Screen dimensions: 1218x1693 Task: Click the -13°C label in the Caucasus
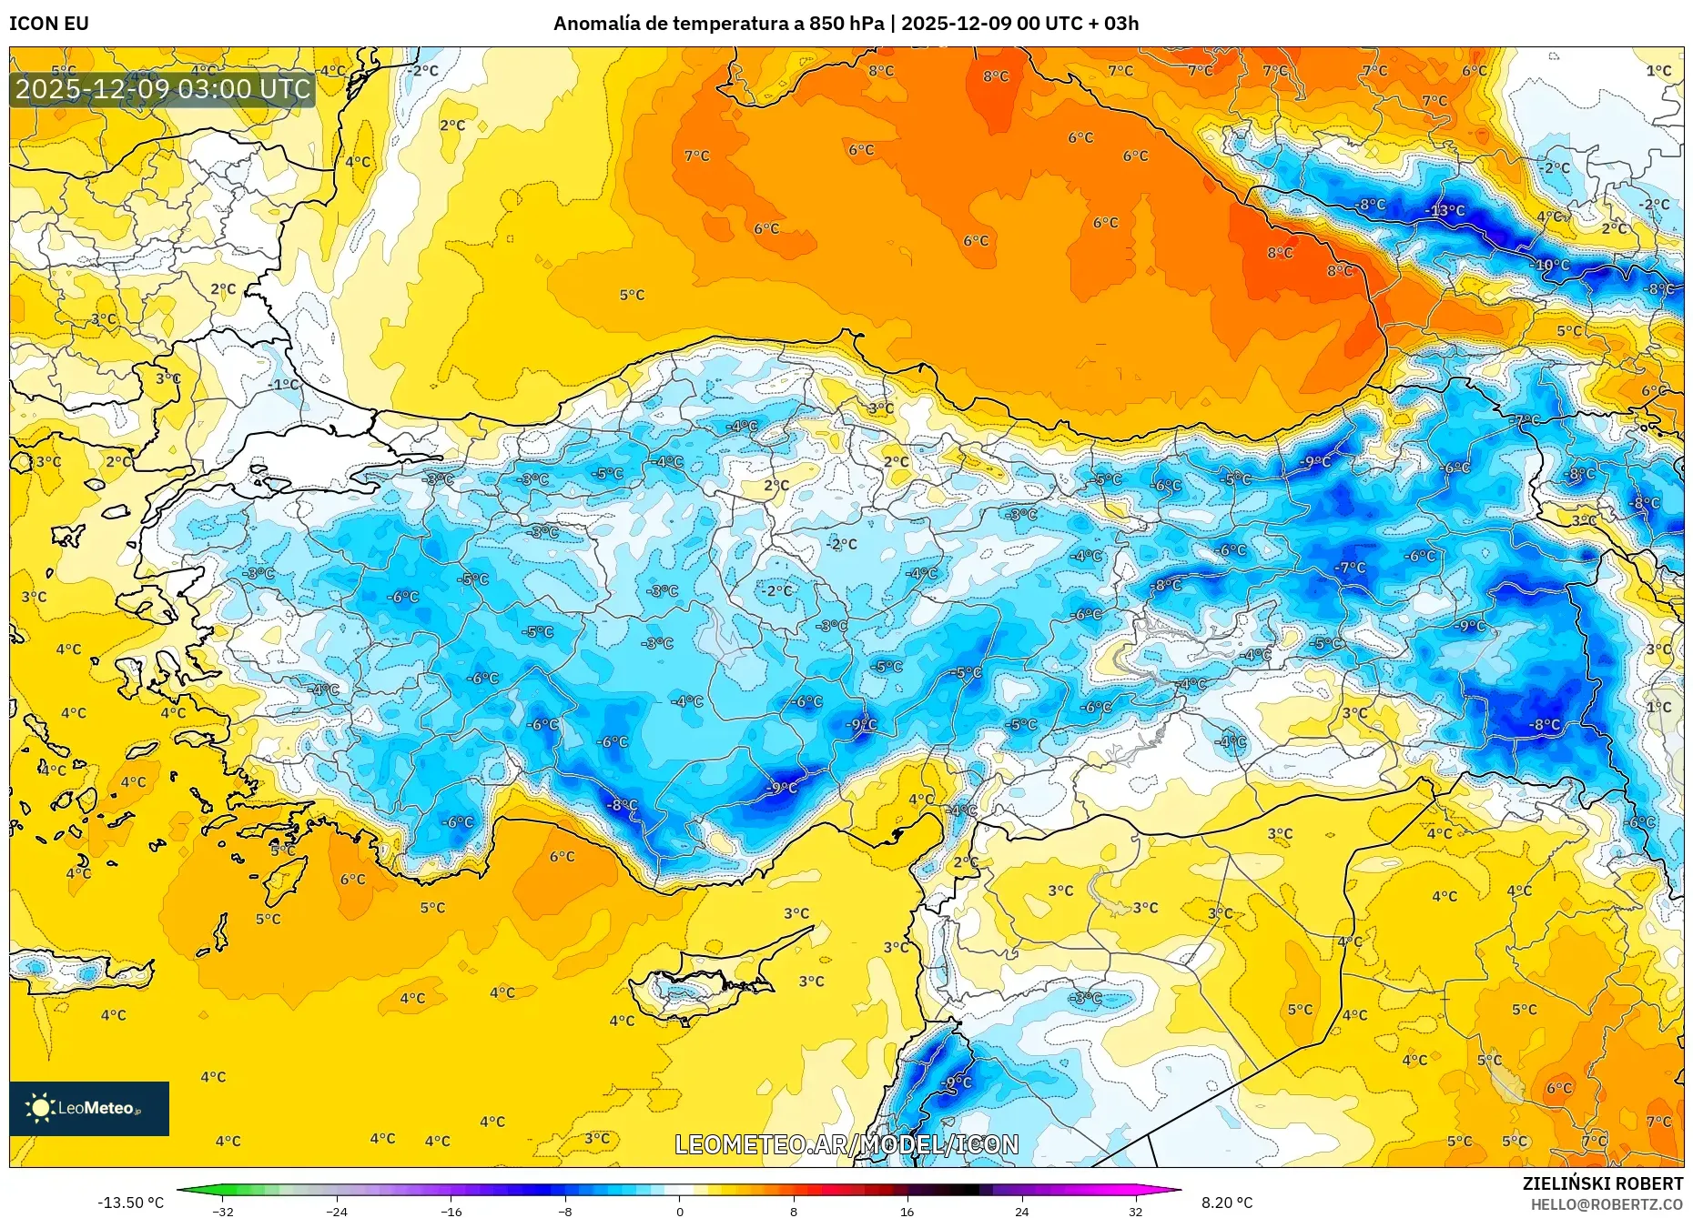point(1445,211)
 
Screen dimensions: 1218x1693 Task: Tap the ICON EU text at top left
point(49,24)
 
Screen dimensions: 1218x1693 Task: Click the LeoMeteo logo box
point(89,1108)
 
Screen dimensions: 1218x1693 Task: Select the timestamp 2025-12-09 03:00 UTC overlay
point(163,89)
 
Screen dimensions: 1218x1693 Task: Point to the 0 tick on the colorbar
point(679,1211)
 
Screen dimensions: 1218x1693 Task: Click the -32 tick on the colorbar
point(223,1211)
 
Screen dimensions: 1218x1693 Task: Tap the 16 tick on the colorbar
point(907,1211)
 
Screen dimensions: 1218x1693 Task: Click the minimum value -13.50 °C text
point(131,1203)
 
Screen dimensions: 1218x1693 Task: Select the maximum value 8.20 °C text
point(1227,1203)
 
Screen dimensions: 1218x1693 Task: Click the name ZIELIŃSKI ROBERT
point(1602,1183)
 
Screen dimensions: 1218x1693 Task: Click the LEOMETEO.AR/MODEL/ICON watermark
point(846,1144)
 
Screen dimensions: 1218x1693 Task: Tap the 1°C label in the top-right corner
point(1658,71)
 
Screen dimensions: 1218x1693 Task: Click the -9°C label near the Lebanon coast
point(958,1082)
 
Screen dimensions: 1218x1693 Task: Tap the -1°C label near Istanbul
point(285,385)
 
